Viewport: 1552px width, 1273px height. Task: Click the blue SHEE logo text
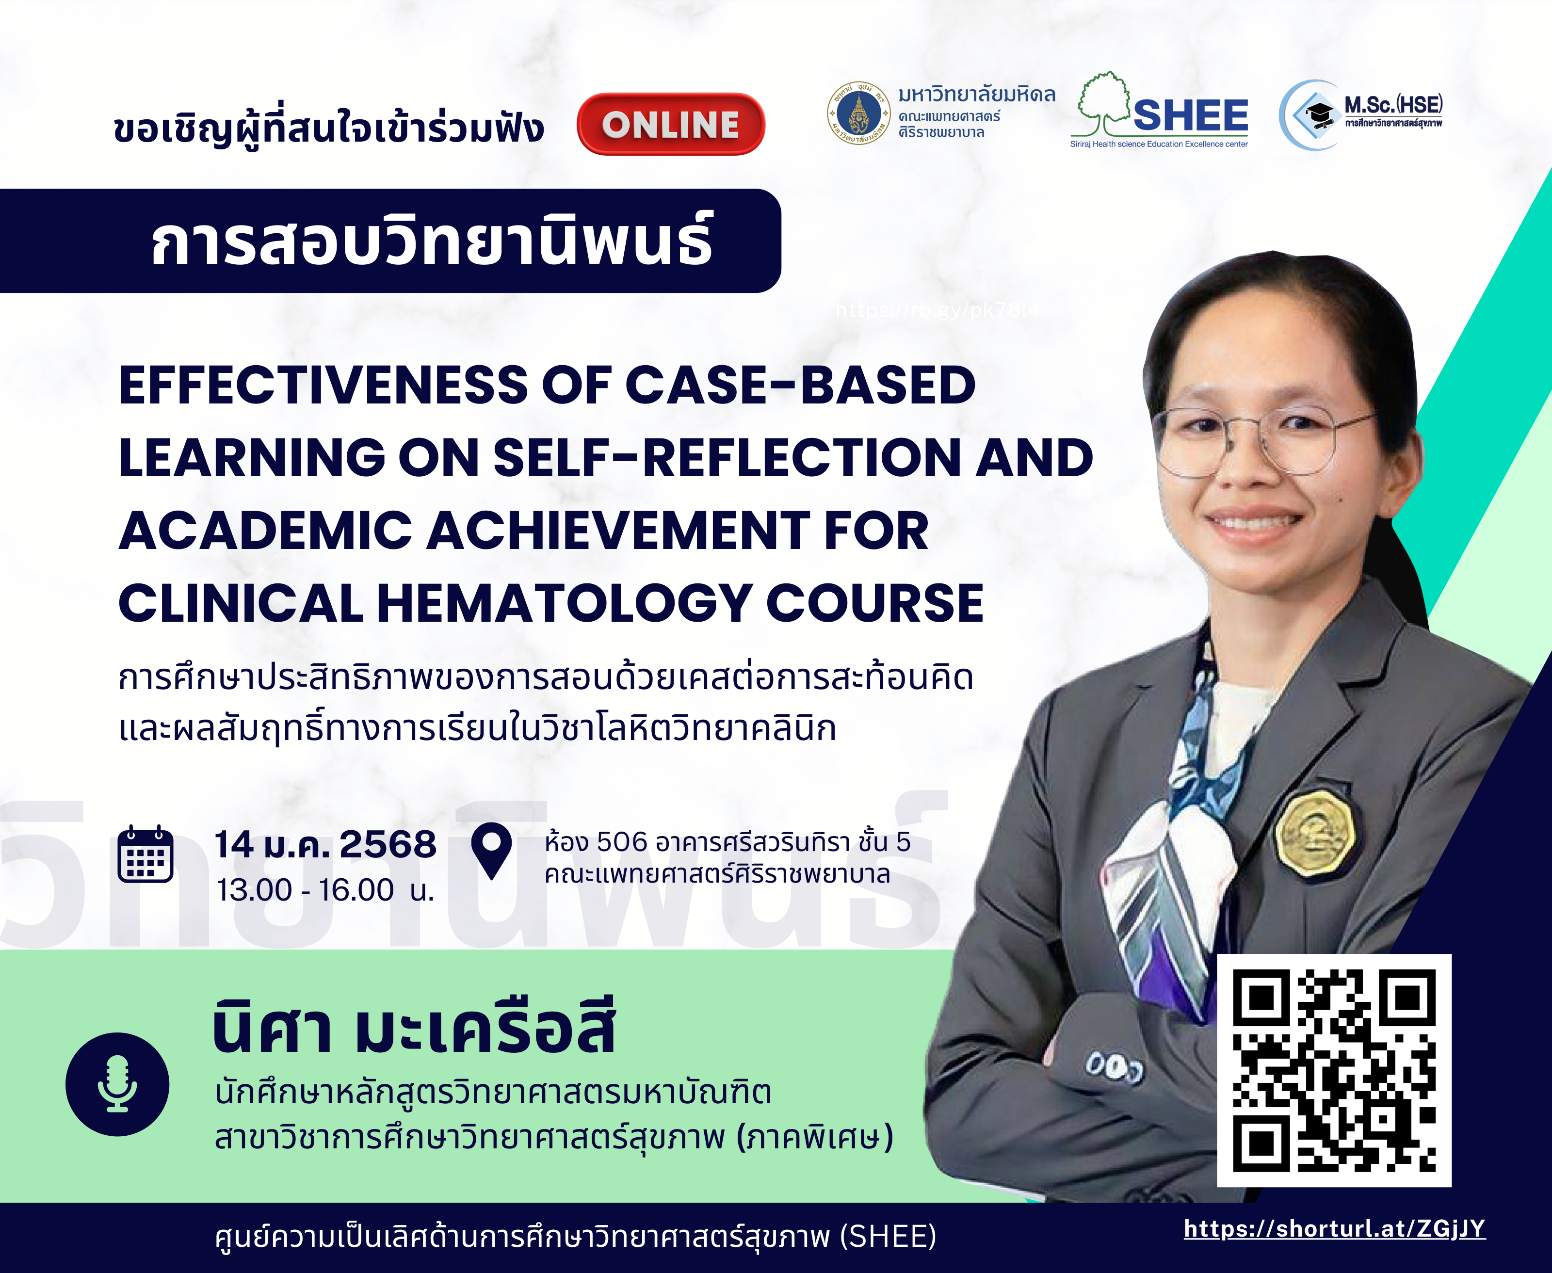[1190, 115]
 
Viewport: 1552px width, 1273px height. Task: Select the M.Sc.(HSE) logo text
[1393, 104]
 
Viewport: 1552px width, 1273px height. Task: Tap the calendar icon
[145, 854]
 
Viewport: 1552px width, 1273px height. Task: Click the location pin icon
[491, 851]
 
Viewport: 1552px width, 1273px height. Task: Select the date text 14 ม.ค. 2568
[325, 845]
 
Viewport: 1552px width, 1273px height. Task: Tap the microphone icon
[117, 1084]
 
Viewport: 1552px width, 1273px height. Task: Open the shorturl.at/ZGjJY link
[1335, 1229]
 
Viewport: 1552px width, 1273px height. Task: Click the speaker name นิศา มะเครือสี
[414, 1027]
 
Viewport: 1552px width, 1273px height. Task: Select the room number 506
[622, 842]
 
